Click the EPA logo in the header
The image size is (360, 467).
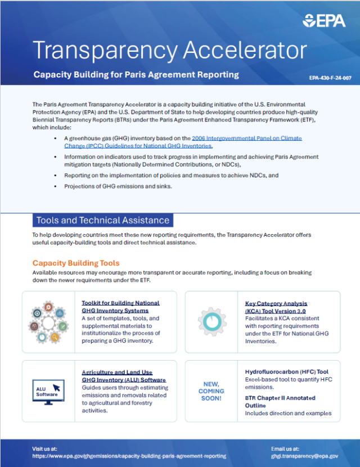point(324,21)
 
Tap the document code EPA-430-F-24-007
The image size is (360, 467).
point(330,78)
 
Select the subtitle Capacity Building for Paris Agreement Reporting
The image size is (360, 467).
point(136,75)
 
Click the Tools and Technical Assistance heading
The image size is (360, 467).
point(102,220)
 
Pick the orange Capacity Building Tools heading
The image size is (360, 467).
point(76,263)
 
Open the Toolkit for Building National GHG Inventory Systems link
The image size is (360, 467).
point(120,307)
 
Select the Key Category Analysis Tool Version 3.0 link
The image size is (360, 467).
point(276,307)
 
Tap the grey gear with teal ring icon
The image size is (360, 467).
point(211,321)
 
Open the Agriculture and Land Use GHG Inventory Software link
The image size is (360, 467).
point(124,376)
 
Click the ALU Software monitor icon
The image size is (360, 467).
point(48,390)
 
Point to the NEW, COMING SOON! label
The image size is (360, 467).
point(211,390)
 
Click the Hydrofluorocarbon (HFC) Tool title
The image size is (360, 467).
point(287,372)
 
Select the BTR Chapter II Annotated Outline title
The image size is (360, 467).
point(280,402)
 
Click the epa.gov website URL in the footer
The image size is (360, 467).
point(129,456)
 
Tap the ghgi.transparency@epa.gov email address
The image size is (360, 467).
point(304,456)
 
